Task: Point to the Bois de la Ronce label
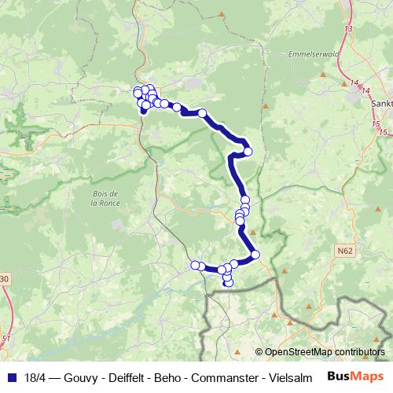tap(105, 197)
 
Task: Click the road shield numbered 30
tap(4, 278)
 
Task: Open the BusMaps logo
tap(355, 376)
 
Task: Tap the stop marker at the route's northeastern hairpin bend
tap(248, 152)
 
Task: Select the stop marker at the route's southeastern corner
tap(255, 254)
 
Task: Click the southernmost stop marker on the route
tap(229, 283)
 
